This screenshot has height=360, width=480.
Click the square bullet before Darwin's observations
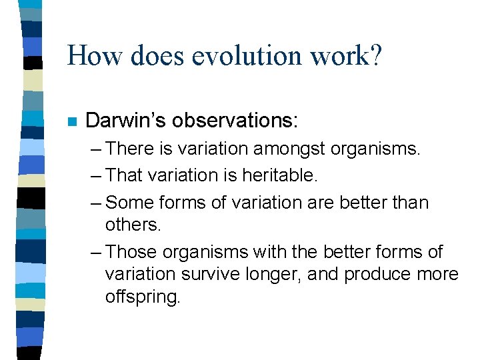[72, 122]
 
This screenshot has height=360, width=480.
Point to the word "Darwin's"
[126, 120]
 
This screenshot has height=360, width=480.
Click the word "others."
[133, 224]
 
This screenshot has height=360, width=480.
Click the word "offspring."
[143, 297]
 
